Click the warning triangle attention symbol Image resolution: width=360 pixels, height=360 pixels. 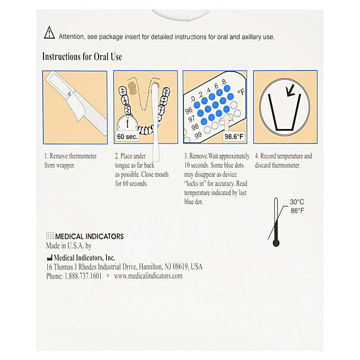(49, 33)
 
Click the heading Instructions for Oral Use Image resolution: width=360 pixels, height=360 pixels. (82, 57)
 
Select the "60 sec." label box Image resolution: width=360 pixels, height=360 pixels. (126, 136)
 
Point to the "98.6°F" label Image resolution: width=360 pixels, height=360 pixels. (234, 136)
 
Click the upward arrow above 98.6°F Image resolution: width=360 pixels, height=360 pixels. (228, 122)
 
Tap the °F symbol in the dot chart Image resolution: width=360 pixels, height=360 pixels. (241, 92)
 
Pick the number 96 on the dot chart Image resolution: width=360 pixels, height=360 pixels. (189, 111)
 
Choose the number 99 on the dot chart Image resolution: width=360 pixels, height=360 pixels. (198, 135)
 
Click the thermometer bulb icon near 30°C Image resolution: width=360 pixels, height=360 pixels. (276, 243)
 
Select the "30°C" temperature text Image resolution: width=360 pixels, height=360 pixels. (297, 202)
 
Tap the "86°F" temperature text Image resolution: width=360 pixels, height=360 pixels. (297, 211)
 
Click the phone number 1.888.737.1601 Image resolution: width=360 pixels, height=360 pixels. (82, 276)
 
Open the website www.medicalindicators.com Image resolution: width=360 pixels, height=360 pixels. (148, 276)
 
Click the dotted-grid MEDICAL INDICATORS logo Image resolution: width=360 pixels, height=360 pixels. (50, 236)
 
